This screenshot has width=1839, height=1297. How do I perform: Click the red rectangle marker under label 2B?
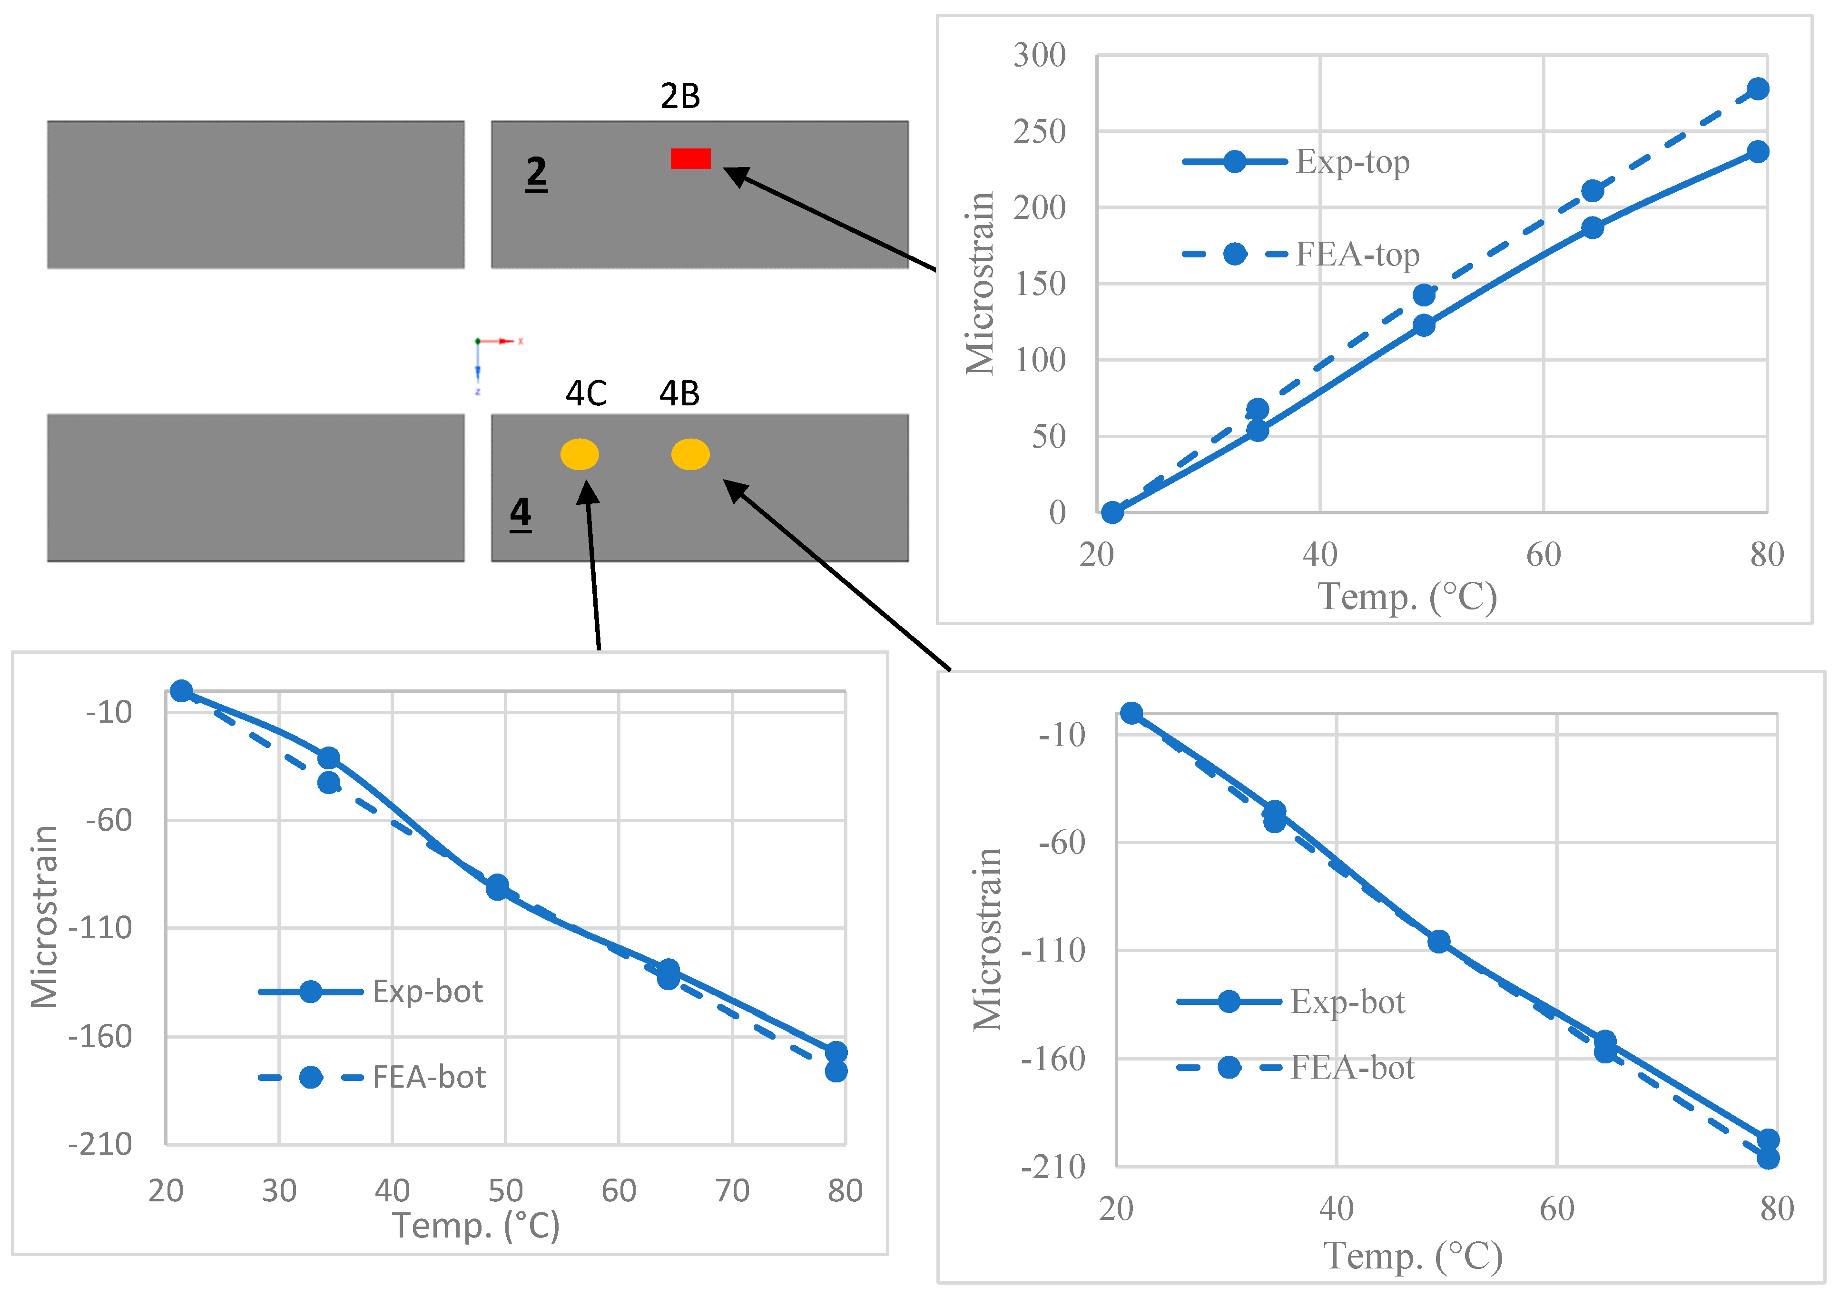pyautogui.click(x=690, y=158)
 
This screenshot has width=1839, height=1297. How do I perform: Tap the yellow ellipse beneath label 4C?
pyautogui.click(x=579, y=454)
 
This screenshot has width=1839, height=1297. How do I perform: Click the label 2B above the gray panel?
pyautogui.click(x=680, y=96)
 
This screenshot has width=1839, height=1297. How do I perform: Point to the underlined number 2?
pyautogui.click(x=536, y=172)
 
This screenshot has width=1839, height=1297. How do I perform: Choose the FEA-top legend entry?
pyautogui.click(x=1301, y=255)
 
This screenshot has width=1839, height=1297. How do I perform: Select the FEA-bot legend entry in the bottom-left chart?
pyautogui.click(x=373, y=1078)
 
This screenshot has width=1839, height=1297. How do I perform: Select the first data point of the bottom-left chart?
pyautogui.click(x=182, y=690)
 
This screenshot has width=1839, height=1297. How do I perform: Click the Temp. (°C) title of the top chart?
pyautogui.click(x=1407, y=597)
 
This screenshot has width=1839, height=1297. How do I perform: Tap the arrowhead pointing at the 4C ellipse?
pyautogui.click(x=588, y=490)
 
